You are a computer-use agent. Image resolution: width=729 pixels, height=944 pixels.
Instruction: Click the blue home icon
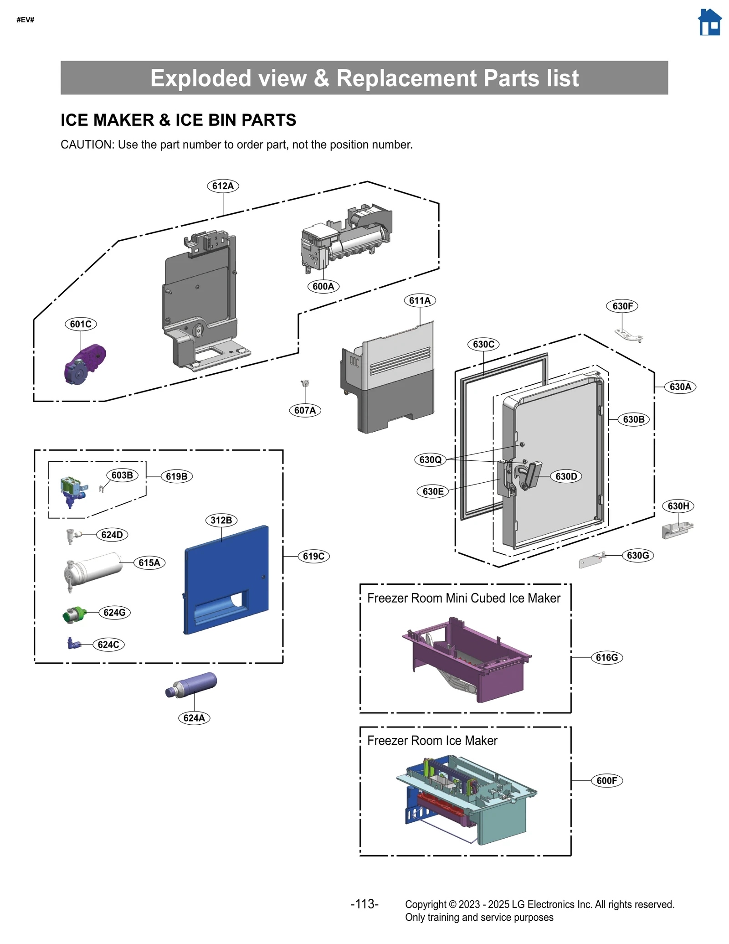(709, 22)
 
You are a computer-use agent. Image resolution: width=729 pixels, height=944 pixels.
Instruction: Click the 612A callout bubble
(223, 186)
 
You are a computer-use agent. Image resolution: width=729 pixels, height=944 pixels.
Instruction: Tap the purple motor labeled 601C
(85, 364)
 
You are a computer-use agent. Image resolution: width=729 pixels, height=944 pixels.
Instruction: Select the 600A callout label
(323, 286)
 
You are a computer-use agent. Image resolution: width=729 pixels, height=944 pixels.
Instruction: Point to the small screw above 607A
(304, 383)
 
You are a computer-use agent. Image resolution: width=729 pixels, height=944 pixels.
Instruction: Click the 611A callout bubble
(420, 300)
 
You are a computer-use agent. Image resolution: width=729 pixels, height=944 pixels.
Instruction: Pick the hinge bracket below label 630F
(629, 335)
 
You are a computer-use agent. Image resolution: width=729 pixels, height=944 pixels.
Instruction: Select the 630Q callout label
(430, 459)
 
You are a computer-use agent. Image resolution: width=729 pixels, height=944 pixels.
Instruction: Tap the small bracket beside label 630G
(591, 561)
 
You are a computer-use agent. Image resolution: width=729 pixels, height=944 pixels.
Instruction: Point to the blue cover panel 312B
(226, 579)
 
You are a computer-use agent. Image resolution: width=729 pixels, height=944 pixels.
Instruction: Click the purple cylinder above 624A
(191, 685)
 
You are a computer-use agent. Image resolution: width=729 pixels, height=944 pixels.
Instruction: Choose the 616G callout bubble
(606, 657)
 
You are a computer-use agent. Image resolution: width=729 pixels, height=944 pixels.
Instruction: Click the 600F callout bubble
(606, 780)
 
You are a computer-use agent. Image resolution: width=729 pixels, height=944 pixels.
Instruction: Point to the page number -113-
(364, 903)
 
